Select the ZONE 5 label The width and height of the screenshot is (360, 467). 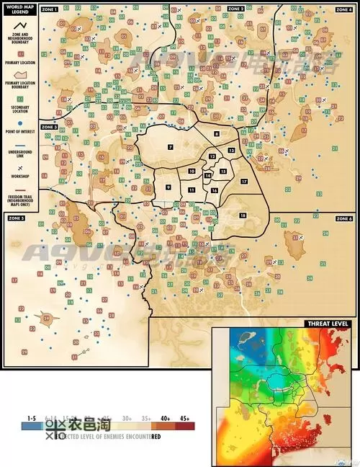[x=16, y=218]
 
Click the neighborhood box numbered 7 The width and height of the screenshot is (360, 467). [x=171, y=147]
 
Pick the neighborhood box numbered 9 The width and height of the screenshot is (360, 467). [x=168, y=187]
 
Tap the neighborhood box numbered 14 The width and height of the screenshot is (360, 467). [x=207, y=175]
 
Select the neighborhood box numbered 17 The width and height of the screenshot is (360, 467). [x=244, y=181]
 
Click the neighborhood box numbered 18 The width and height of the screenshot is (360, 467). [x=243, y=215]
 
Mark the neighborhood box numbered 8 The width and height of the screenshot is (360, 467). [x=217, y=135]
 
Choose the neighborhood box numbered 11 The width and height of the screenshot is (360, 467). [x=192, y=190]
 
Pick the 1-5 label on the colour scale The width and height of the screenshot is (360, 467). [x=31, y=419]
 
